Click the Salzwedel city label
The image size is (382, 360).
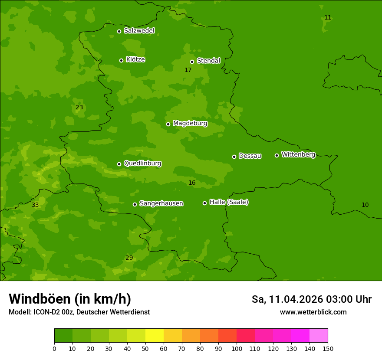[x=139, y=31]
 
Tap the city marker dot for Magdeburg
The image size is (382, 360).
[x=168, y=124]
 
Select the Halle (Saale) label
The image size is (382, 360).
[x=229, y=202]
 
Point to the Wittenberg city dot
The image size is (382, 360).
[x=277, y=155]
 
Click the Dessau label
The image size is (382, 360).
[x=250, y=156]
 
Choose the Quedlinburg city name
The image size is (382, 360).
[x=142, y=164]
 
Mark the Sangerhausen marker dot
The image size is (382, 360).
[x=135, y=204]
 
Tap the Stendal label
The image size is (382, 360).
[x=208, y=61]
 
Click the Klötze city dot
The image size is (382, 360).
[x=121, y=60]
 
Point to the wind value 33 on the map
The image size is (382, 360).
[x=35, y=205]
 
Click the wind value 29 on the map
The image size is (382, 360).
[x=129, y=258]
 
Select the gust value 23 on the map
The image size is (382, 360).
[x=79, y=107]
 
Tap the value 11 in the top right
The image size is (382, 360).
[x=328, y=17]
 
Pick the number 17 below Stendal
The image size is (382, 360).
[x=188, y=70]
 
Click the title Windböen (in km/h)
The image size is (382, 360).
[x=70, y=299]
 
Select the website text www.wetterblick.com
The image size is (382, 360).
[x=313, y=312]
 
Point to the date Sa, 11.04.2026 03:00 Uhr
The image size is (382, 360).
[x=311, y=299]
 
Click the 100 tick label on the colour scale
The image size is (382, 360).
[x=237, y=348]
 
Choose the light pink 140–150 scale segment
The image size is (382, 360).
[x=319, y=336]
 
